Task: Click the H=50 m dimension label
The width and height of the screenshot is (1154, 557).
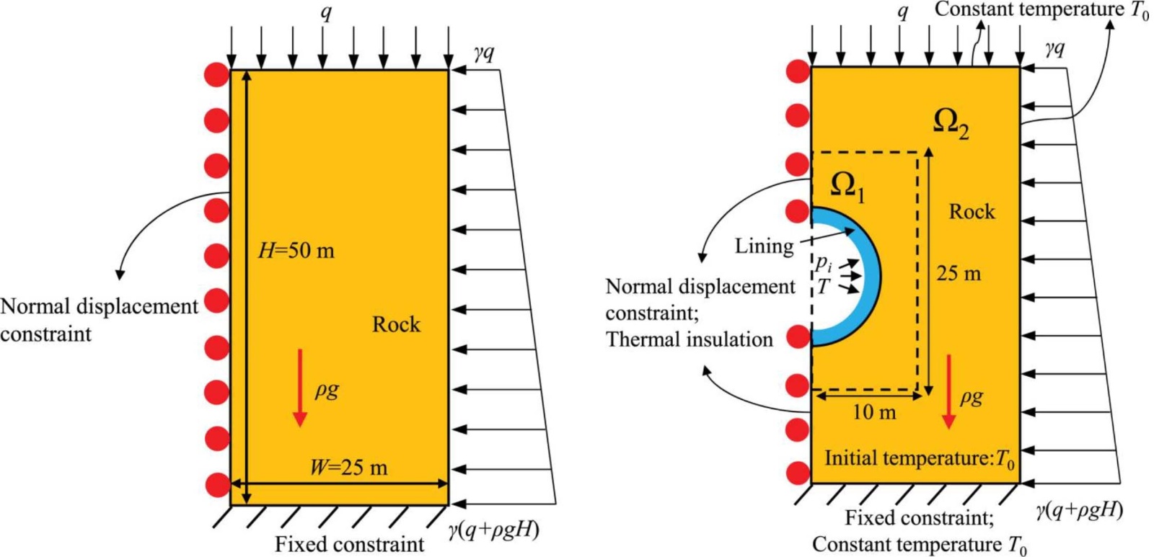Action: [x=296, y=251]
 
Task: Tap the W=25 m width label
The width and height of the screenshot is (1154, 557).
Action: [x=348, y=468]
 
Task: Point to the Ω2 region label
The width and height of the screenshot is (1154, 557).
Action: [x=951, y=123]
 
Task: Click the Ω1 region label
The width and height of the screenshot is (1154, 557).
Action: [x=847, y=187]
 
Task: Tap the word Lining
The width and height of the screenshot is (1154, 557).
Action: [x=764, y=246]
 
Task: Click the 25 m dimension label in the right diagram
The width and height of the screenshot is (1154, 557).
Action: [x=959, y=274]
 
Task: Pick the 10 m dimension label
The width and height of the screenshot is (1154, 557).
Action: [x=874, y=412]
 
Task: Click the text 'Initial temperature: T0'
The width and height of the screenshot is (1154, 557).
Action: [x=920, y=458]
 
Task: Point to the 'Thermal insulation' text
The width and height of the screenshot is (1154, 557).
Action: [x=689, y=339]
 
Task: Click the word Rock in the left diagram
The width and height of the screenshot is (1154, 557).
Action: [x=396, y=324]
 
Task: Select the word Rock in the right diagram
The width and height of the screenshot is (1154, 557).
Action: [x=972, y=212]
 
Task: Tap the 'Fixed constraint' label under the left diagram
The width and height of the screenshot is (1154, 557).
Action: [x=349, y=544]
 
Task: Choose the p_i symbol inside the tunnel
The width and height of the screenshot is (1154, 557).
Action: [x=824, y=263]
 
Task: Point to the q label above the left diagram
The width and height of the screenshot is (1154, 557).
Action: [x=326, y=12]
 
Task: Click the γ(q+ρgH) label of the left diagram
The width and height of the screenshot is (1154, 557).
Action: [x=493, y=530]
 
